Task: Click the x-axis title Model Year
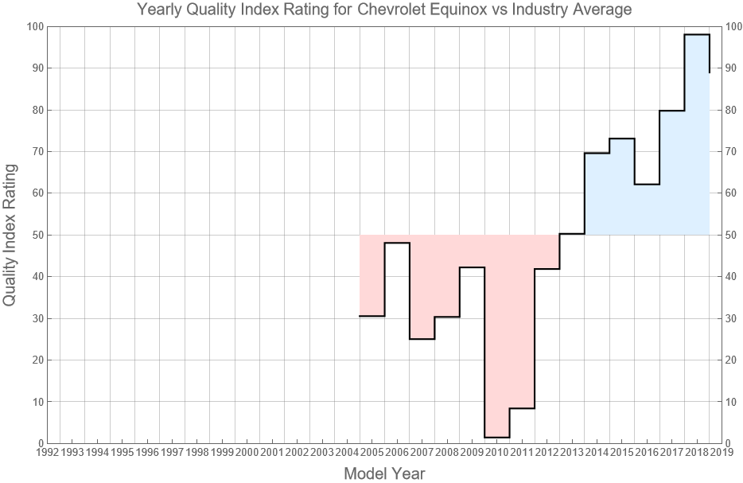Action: [x=384, y=473]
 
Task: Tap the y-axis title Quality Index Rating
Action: [x=10, y=235]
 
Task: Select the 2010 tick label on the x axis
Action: [x=496, y=452]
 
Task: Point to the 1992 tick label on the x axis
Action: [x=47, y=452]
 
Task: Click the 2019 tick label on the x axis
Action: [x=722, y=452]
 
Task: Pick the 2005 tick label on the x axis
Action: [x=371, y=452]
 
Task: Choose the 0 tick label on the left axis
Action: [x=39, y=443]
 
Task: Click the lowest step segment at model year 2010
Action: [x=496, y=437]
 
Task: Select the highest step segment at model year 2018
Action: [x=697, y=35]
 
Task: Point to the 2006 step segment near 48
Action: [x=397, y=243]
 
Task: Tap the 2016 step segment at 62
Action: [x=647, y=185]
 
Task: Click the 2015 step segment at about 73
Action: [x=622, y=138]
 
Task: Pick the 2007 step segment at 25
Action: [x=422, y=339]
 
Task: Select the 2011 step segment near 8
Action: [x=522, y=408]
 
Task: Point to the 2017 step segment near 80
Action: [x=671, y=111]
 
